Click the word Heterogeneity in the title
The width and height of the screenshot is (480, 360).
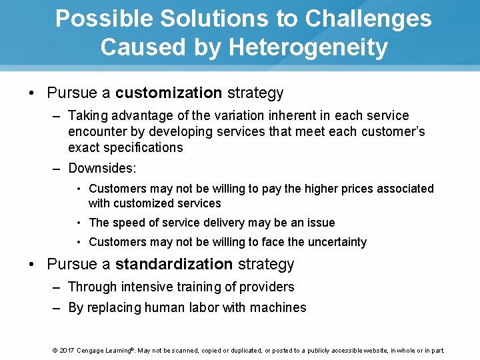coord(307,47)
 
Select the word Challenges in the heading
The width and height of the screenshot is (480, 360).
coord(368,19)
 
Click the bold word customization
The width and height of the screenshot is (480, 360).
coord(169,93)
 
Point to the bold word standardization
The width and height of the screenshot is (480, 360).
coord(174,264)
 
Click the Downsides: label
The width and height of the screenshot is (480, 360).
coord(102,169)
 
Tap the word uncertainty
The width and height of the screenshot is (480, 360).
coord(337,242)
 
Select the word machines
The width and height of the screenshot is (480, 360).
coord(278,307)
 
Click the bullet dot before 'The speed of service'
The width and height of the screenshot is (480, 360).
coord(79,223)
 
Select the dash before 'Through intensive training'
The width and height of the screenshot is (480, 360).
coord(59,287)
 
